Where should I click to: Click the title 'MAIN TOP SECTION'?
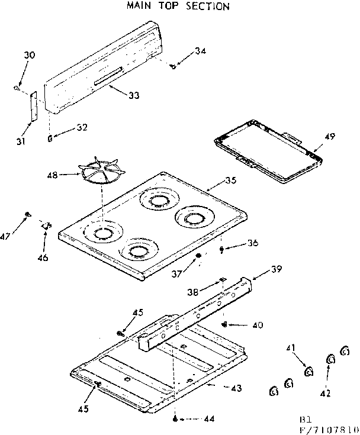[x=178, y=7]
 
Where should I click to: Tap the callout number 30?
[x=30, y=55]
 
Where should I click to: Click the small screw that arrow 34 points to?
[x=172, y=66]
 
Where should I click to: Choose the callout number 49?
[x=329, y=137]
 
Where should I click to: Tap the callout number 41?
[x=291, y=348]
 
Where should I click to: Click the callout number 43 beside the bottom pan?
[x=236, y=388]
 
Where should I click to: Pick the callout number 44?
[x=208, y=419]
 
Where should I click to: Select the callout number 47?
[x=6, y=237]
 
